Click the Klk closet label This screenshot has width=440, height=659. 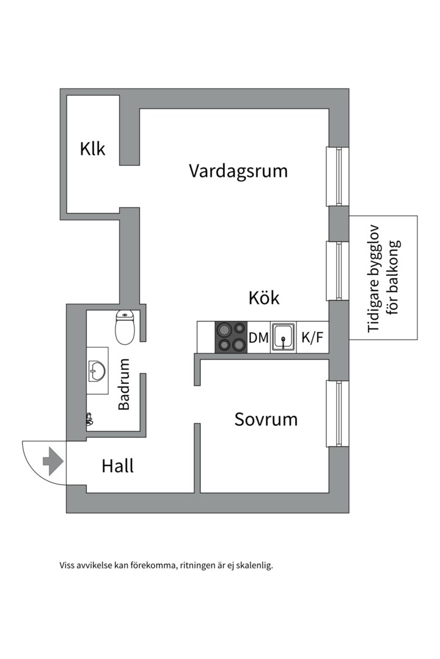(92, 149)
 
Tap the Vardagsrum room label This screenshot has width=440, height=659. (238, 170)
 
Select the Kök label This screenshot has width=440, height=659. (263, 298)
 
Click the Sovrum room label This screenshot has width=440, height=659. (266, 420)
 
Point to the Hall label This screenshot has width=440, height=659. (117, 467)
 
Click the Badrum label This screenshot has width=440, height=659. (124, 384)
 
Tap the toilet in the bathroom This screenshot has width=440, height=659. (125, 327)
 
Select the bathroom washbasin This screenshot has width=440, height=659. (97, 369)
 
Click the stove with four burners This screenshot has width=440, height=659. (230, 337)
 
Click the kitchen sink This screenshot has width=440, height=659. (284, 337)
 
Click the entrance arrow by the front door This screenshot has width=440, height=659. (53, 461)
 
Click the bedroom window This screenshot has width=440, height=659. (337, 414)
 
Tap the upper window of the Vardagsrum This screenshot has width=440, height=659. (337, 176)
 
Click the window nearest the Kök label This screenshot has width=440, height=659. (337, 271)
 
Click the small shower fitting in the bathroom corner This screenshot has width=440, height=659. (90, 419)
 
